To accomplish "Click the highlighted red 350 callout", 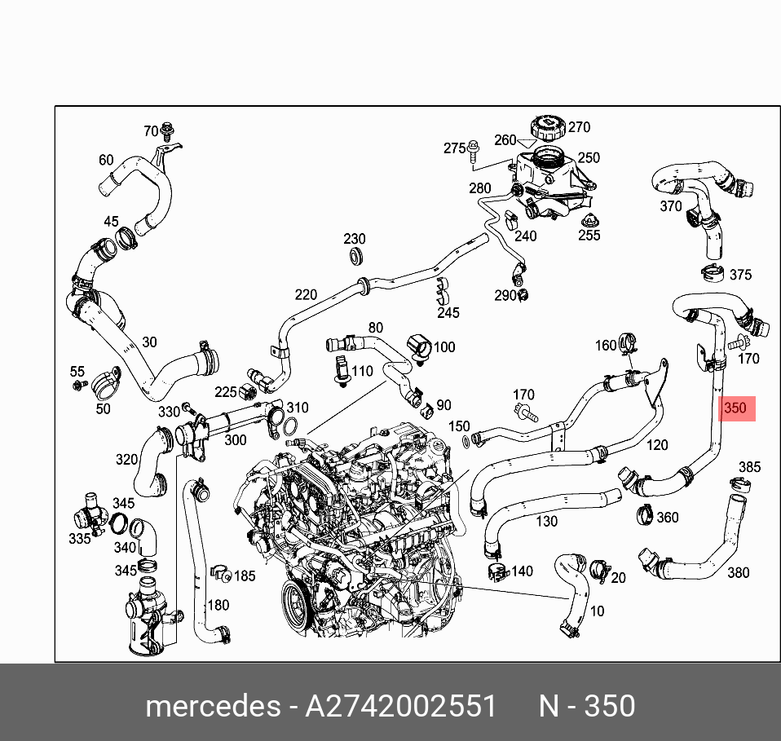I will [735, 409].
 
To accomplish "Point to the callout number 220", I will [306, 294].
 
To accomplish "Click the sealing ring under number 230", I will [355, 258].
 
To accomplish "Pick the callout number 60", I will [106, 160].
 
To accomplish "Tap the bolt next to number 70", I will [168, 130].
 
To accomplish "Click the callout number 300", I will [235, 440].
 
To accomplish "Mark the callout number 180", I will [218, 605].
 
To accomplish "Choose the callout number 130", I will [547, 521].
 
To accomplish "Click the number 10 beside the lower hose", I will [598, 611].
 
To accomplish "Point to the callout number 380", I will [737, 572].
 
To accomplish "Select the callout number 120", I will [656, 445].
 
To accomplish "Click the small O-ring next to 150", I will [466, 441].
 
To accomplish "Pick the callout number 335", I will [79, 539].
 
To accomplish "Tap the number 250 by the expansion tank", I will [589, 158].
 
